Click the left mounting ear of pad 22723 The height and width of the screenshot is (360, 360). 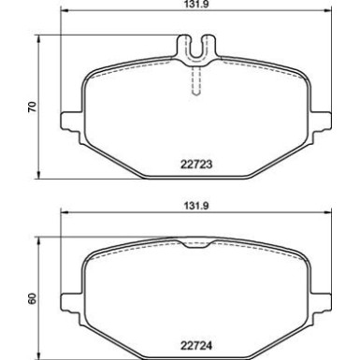click(67, 122)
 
